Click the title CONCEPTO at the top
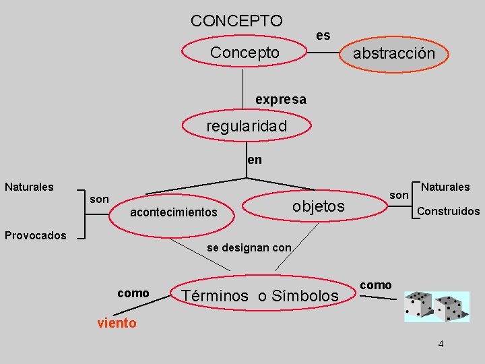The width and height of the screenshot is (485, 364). pyautogui.click(x=236, y=20)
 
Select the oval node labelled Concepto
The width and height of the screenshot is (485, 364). pyautogui.click(x=244, y=53)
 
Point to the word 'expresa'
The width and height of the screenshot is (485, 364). pyautogui.click(x=280, y=100)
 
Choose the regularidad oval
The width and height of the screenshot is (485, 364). pyautogui.click(x=247, y=126)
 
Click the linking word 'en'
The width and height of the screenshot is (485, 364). pyautogui.click(x=255, y=160)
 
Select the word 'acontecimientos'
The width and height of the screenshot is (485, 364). pyautogui.click(x=173, y=212)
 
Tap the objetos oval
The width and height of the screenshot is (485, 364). pyautogui.click(x=319, y=206)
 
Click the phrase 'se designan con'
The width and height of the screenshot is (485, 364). pyautogui.click(x=249, y=247)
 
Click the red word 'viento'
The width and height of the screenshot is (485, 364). pyautogui.click(x=117, y=323)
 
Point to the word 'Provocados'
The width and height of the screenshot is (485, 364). pyautogui.click(x=36, y=235)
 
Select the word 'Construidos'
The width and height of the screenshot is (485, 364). pyautogui.click(x=448, y=211)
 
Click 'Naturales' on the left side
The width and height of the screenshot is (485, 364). pyautogui.click(x=29, y=186)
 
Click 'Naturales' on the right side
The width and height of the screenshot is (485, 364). pyautogui.click(x=445, y=186)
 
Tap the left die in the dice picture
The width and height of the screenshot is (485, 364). pyautogui.click(x=418, y=307)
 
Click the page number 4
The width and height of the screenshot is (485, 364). pyautogui.click(x=441, y=344)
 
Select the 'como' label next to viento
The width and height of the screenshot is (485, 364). pyautogui.click(x=133, y=293)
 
